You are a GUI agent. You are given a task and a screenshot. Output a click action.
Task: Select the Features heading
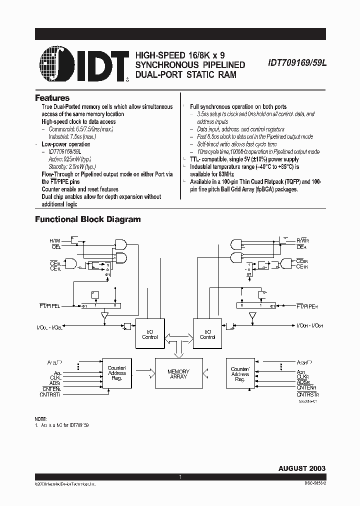click(x=52, y=98)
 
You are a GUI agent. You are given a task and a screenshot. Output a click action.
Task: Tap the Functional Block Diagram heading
click(x=87, y=219)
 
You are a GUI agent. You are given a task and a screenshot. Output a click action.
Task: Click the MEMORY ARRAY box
click(x=178, y=374)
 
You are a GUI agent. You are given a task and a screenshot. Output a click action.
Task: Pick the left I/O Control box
click(x=149, y=334)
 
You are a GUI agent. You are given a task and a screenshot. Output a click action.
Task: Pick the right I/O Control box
click(x=207, y=334)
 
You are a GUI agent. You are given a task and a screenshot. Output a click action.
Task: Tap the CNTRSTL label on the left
click(x=50, y=394)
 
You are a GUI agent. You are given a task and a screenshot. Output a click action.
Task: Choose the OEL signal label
click(x=55, y=246)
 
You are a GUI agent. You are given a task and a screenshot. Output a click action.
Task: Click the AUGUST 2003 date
click(x=301, y=468)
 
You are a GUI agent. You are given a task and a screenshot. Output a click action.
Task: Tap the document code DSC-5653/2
click(x=312, y=484)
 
